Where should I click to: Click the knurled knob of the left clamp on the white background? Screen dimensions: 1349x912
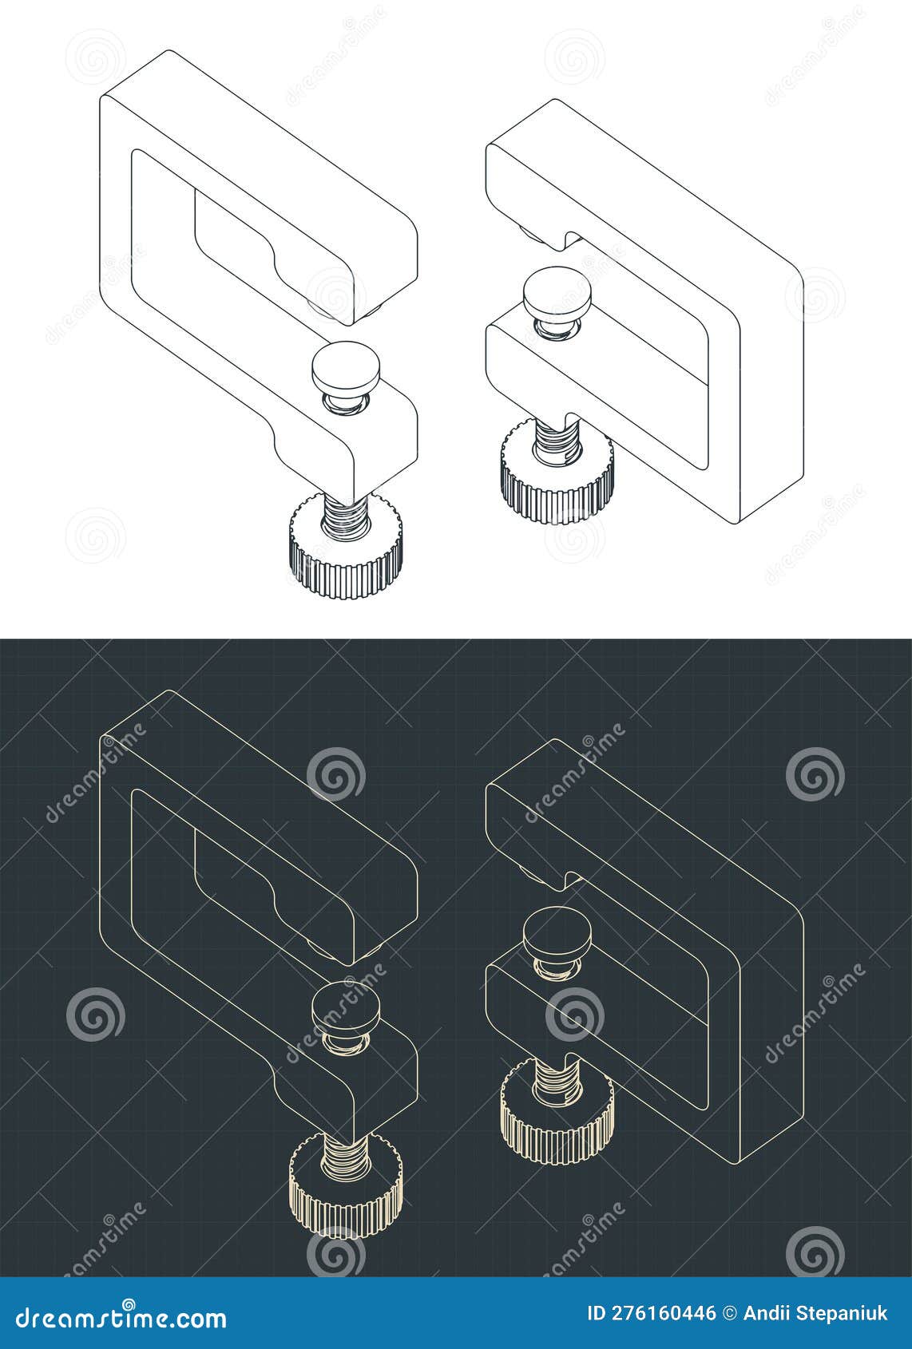click(x=344, y=559)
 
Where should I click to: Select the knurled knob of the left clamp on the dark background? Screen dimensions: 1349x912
click(x=344, y=1197)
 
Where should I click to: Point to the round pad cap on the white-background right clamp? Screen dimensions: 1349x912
click(x=557, y=291)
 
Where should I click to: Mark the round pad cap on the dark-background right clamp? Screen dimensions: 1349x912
click(x=557, y=931)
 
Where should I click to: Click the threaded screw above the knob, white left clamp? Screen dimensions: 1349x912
click(x=344, y=514)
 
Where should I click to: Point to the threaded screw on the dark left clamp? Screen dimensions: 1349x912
click(x=344, y=1153)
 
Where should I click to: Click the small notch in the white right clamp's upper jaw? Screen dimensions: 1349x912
click(x=569, y=239)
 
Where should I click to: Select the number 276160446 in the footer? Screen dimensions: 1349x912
click(x=662, y=1314)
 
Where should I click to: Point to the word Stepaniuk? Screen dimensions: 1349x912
click(x=842, y=1314)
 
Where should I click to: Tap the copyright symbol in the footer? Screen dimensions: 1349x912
click(x=729, y=1314)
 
